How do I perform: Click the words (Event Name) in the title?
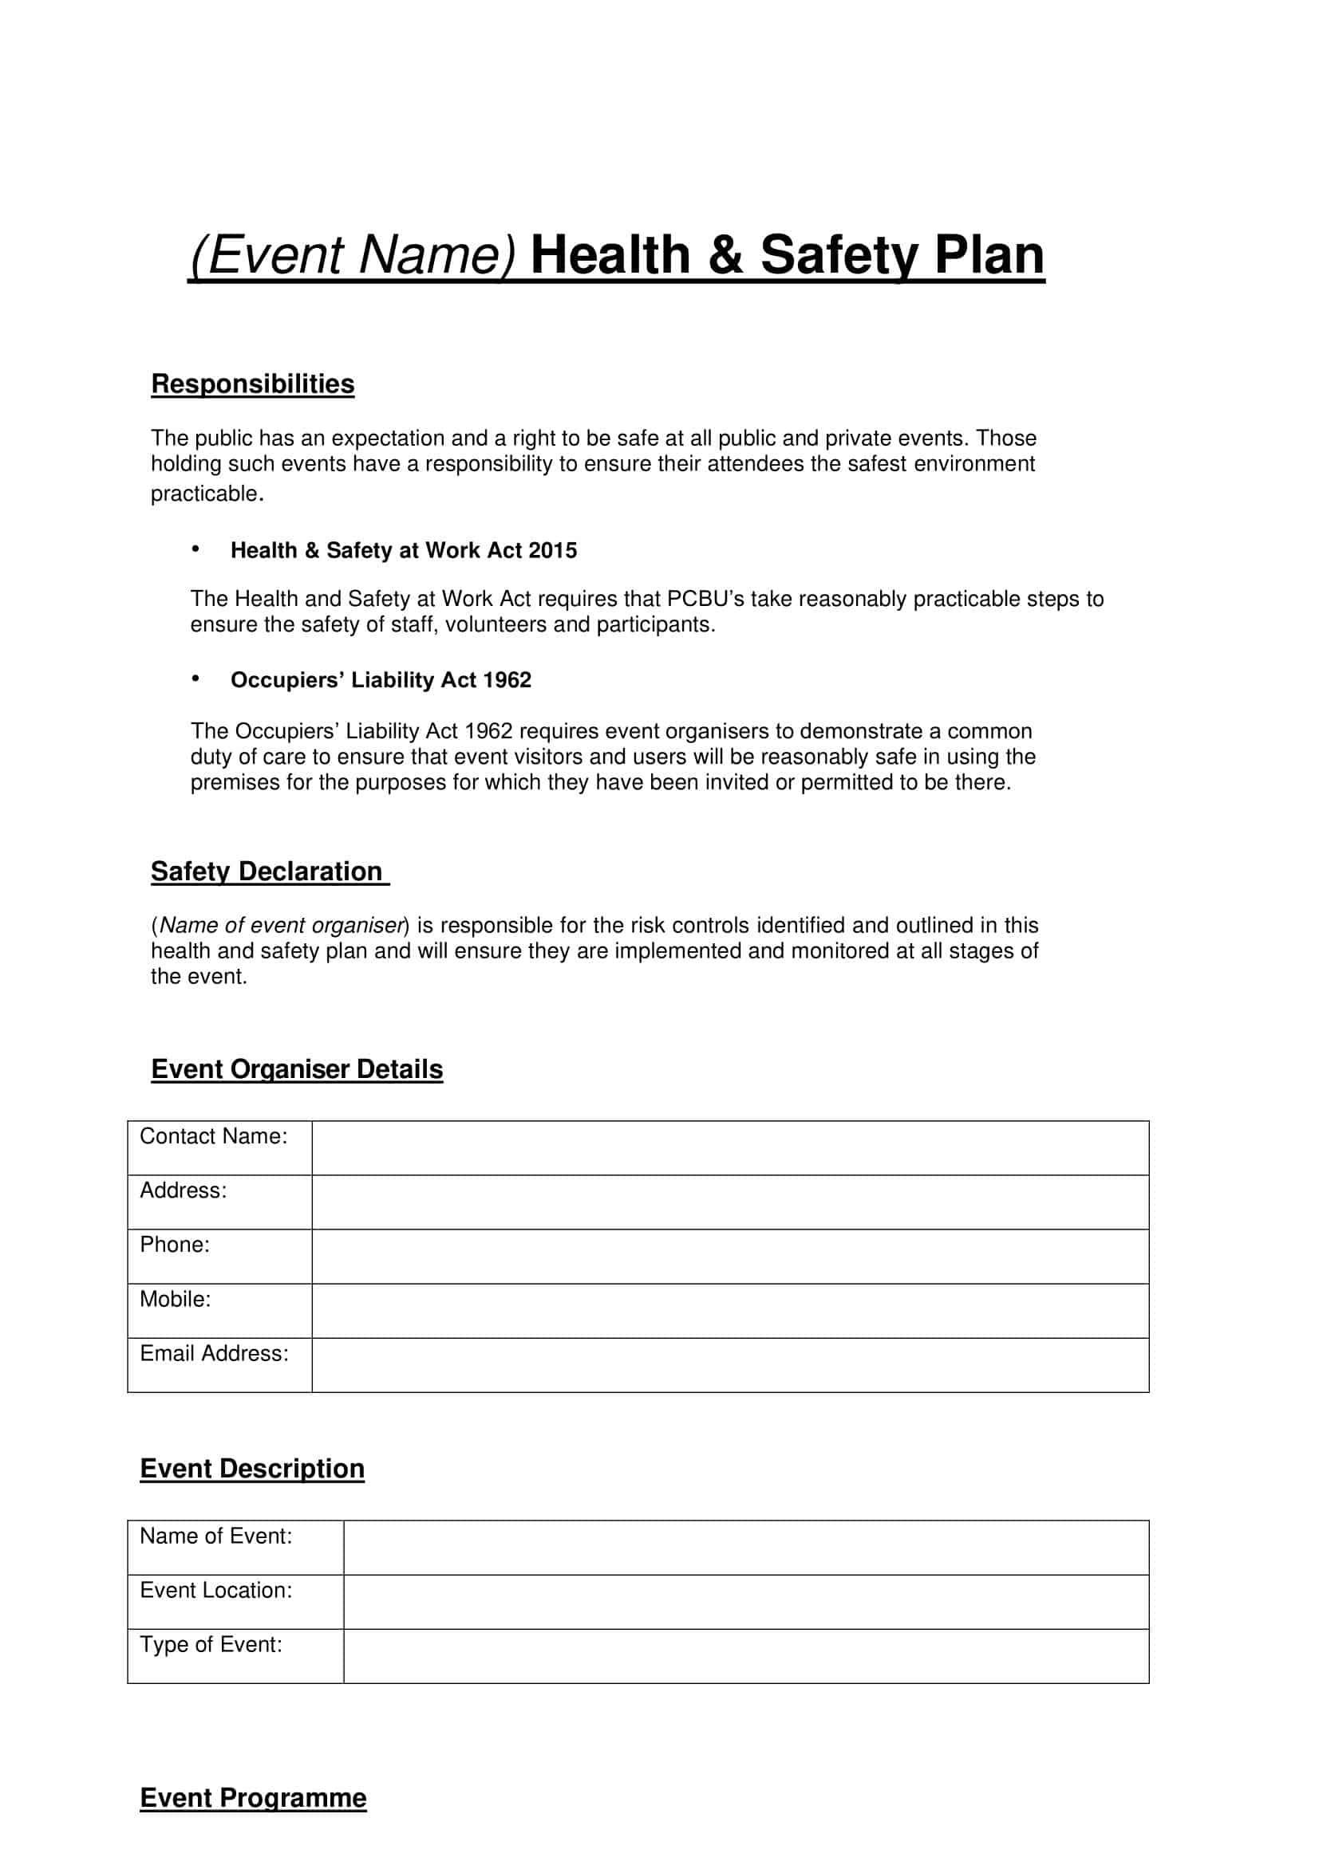(352, 255)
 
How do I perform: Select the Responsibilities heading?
(253, 384)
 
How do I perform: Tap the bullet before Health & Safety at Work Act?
(195, 550)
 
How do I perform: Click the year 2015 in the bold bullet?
(552, 551)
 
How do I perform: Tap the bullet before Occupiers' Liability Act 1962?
(195, 679)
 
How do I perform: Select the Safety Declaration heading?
(267, 872)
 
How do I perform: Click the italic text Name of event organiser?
(281, 925)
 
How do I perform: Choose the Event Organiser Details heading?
(297, 1069)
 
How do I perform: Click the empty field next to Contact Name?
(730, 1147)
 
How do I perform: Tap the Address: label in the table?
(183, 1190)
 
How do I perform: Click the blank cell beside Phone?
(730, 1256)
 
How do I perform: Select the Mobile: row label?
(175, 1299)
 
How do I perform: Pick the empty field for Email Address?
(730, 1364)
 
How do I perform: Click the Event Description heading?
(252, 1469)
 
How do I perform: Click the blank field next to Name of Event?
(745, 1548)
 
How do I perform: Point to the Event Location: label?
(215, 1591)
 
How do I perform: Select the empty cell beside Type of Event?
(745, 1655)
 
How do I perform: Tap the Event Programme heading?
(253, 1797)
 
